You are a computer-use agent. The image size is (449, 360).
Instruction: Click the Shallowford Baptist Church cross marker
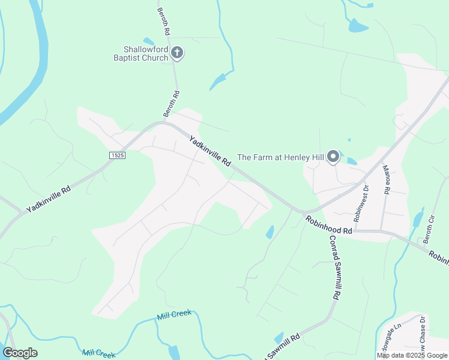[177, 53]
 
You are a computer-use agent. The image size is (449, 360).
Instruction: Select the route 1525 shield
[117, 155]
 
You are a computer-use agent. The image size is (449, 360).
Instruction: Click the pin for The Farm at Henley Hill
[333, 158]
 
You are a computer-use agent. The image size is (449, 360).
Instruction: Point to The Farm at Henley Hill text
[280, 158]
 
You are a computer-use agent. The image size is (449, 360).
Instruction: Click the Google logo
[20, 353]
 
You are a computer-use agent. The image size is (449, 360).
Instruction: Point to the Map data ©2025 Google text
[412, 355]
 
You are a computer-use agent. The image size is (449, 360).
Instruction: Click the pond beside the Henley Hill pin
[351, 161]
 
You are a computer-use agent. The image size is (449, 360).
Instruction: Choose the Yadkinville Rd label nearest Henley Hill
[210, 152]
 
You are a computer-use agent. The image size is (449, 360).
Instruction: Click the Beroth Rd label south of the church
[172, 103]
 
